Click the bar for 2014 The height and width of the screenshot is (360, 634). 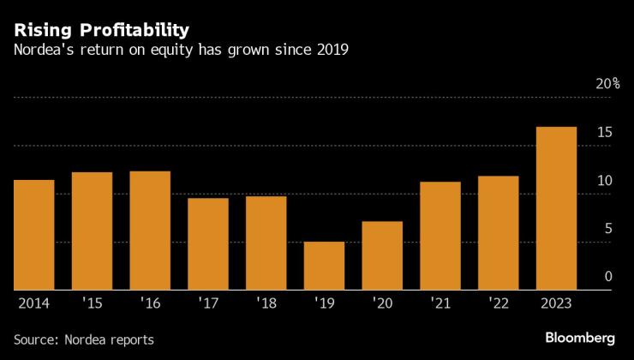34,235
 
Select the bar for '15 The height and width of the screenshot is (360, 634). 92,231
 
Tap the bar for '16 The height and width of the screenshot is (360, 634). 150,231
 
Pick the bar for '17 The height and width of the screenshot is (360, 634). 208,244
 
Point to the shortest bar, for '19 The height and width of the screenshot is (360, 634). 324,266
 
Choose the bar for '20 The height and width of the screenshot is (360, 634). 382,255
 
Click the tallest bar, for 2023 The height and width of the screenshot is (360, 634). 556,208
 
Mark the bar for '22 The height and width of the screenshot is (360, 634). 498,233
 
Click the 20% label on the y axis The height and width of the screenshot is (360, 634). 608,84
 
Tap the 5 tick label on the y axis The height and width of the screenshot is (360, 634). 608,228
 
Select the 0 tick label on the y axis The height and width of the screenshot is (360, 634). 608,276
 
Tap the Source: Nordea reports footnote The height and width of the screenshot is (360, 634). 83,339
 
